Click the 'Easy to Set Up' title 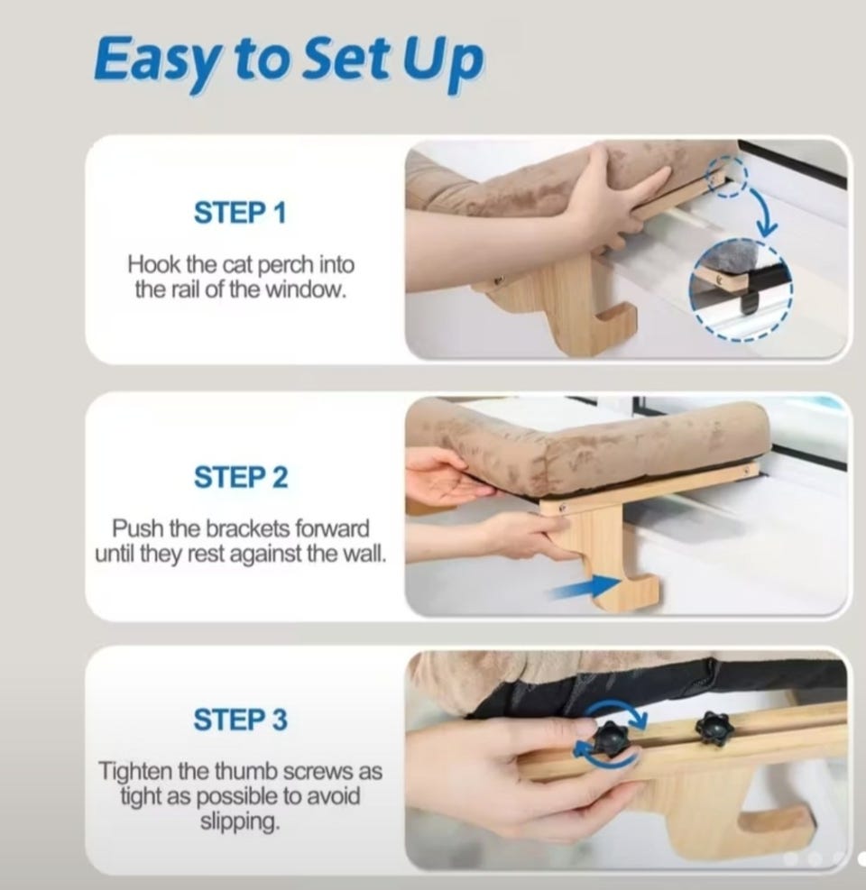tap(289, 61)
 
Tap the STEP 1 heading tap(240, 213)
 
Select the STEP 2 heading tap(241, 477)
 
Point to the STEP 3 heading tap(240, 720)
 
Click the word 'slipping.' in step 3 tap(240, 821)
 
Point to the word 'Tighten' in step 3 tap(135, 771)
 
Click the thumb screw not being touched tap(714, 727)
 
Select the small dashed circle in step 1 tap(726, 179)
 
